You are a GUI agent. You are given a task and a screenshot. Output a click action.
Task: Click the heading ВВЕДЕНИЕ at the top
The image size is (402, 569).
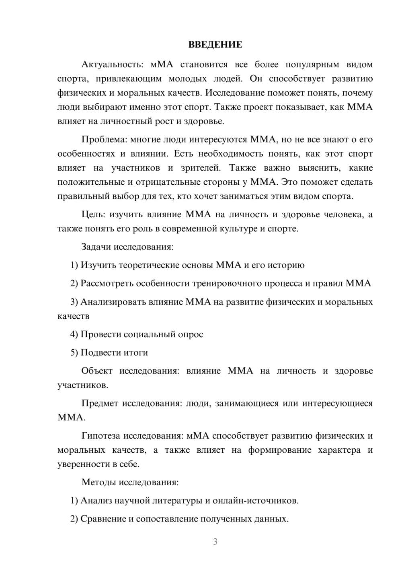(x=215, y=45)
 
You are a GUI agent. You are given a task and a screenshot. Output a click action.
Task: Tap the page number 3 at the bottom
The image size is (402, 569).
(x=215, y=542)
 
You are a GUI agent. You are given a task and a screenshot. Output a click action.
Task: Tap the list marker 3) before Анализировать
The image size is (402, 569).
(x=74, y=302)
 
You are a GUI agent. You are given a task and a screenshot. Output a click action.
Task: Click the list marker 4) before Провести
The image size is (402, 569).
(x=74, y=334)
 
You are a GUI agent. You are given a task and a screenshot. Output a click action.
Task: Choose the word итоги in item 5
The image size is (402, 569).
(x=136, y=353)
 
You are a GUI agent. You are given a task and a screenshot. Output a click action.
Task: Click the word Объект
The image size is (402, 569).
(x=96, y=371)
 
